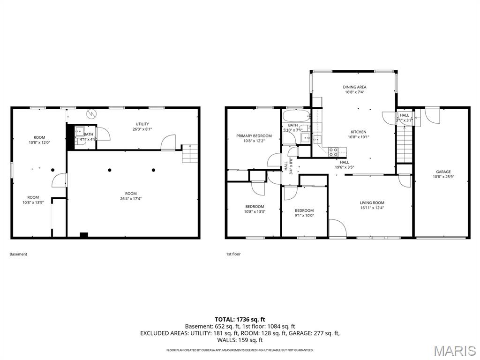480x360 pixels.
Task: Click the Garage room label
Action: pyautogui.click(x=443, y=172)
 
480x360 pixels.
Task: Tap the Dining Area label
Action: pyautogui.click(x=354, y=87)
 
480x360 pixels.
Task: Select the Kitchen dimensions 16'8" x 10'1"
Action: pyautogui.click(x=359, y=137)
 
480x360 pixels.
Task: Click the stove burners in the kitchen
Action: pyautogui.click(x=334, y=151)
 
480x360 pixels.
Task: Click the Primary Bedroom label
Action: pyautogui.click(x=254, y=136)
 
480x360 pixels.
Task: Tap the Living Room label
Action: pyautogui.click(x=372, y=202)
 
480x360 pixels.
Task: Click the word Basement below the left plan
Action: pyautogui.click(x=18, y=254)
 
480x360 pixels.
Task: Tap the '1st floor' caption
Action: pyautogui.click(x=233, y=254)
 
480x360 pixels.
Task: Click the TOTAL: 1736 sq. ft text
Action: pyautogui.click(x=240, y=319)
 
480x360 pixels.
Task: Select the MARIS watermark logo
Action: pyautogui.click(x=454, y=351)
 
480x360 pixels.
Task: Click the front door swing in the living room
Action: pyautogui.click(x=337, y=228)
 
